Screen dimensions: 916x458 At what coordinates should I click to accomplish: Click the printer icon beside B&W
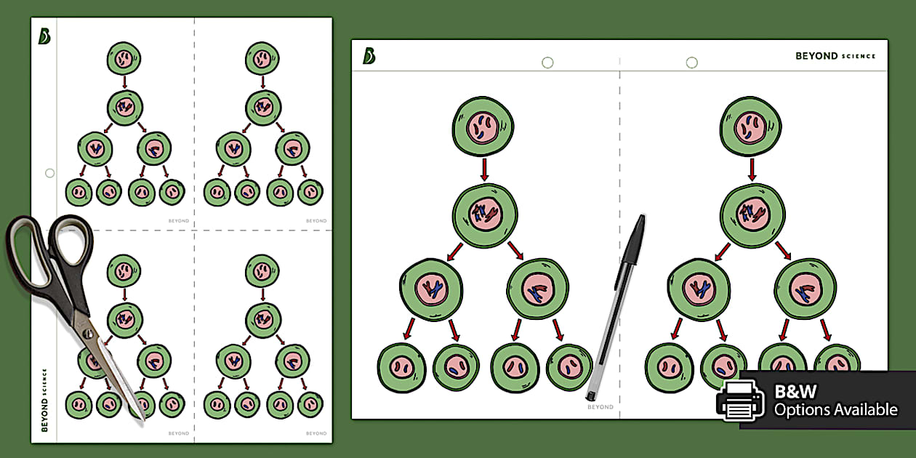(x=740, y=401)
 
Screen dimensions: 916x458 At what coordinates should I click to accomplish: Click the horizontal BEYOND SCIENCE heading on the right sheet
(x=835, y=56)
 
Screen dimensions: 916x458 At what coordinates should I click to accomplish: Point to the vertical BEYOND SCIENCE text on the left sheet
(x=44, y=400)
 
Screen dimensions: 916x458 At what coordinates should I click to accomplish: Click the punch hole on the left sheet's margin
(x=50, y=173)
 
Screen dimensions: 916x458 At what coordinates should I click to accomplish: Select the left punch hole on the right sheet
(x=547, y=63)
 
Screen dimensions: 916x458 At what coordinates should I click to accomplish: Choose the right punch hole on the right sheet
(x=692, y=63)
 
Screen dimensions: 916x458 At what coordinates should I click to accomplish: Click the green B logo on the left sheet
(x=44, y=36)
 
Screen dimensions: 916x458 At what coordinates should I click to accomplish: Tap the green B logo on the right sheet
(x=369, y=55)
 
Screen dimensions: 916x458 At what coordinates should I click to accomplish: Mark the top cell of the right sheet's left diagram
(x=483, y=126)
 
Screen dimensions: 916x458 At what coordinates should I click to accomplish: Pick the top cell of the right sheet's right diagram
(x=751, y=126)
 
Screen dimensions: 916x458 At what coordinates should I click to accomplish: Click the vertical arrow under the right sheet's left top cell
(x=485, y=169)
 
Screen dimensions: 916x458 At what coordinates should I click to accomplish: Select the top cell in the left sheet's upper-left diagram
(x=124, y=58)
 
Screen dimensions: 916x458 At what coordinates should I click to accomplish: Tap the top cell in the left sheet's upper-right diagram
(x=262, y=58)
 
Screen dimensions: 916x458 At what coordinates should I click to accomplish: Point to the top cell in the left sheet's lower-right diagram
(x=262, y=270)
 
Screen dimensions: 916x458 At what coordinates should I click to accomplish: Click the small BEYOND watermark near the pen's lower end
(x=600, y=407)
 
